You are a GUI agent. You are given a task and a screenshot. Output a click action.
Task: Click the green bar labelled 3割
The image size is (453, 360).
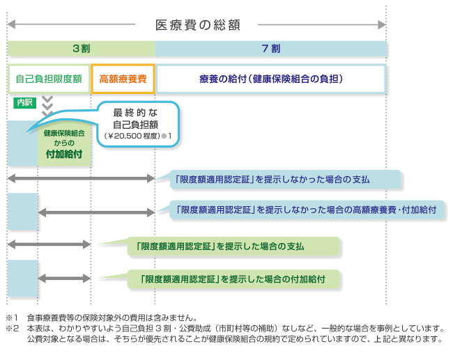[x=81, y=49]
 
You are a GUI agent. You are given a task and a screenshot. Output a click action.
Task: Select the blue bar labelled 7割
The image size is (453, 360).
[x=271, y=49]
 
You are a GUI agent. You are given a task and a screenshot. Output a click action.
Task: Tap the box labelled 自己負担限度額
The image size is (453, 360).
[x=49, y=79]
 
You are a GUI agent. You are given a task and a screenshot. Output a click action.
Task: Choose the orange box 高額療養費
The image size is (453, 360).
[x=123, y=79]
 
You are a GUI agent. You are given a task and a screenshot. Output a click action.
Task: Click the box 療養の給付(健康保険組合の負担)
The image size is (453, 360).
[x=271, y=79]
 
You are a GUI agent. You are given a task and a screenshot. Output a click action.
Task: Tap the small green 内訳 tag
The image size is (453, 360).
[x=24, y=102]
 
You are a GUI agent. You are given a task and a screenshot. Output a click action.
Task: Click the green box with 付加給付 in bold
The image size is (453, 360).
[x=64, y=143]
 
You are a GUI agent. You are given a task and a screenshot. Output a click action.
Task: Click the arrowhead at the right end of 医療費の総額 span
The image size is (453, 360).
[x=381, y=25]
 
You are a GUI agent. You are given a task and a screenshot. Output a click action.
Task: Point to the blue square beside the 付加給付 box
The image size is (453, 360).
[x=22, y=143]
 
